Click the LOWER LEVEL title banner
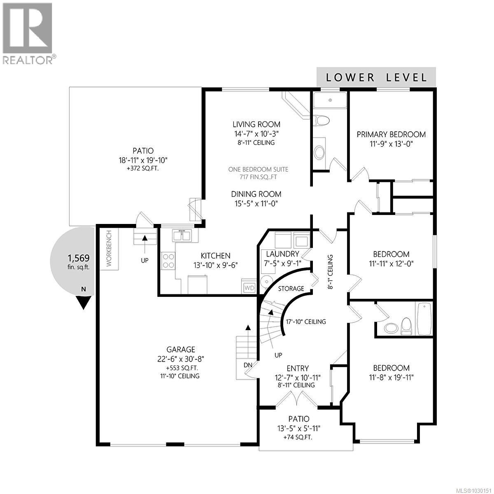click(x=376, y=77)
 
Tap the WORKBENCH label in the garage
click(x=109, y=249)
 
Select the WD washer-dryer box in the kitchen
click(x=249, y=287)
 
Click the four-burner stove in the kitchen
click(x=168, y=261)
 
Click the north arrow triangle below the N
click(x=84, y=303)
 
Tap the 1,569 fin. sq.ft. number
click(x=78, y=258)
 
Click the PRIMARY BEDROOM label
click(x=391, y=134)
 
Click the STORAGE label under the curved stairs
click(x=291, y=288)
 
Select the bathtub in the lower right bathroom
click(x=424, y=319)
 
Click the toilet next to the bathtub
click(x=406, y=325)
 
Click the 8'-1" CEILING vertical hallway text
click(x=330, y=272)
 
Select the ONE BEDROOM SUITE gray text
click(x=258, y=169)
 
